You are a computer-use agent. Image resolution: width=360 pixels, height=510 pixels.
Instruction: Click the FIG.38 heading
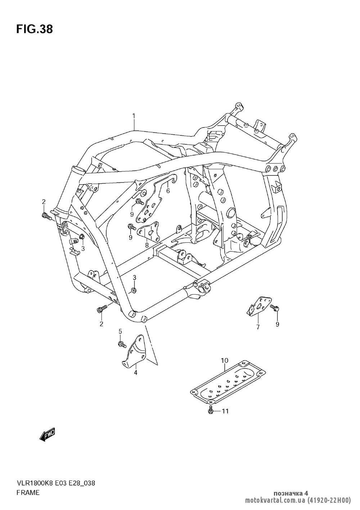tap(35, 30)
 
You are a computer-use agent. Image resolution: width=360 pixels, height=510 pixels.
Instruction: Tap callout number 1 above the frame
tap(134, 116)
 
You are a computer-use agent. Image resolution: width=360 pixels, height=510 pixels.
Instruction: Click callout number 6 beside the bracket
tap(168, 191)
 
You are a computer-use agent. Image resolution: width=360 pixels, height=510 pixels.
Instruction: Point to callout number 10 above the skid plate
tap(225, 360)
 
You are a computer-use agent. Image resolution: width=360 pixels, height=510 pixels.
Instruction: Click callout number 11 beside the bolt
tap(225, 411)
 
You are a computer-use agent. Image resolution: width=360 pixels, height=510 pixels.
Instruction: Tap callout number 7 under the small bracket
tap(258, 327)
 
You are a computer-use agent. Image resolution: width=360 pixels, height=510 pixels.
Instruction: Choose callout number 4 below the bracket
tap(136, 373)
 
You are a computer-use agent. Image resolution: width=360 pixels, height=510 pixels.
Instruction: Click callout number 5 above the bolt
tap(121, 331)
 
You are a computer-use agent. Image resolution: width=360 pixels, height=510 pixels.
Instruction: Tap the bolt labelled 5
tap(122, 344)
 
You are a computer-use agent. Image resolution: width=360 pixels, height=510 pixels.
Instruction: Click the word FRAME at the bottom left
tap(28, 493)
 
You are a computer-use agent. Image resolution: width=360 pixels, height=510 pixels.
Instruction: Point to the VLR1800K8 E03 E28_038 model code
tap(55, 483)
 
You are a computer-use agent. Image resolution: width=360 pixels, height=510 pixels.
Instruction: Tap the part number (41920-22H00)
tap(328, 500)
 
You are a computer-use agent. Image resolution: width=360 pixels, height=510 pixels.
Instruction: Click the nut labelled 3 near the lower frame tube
tap(133, 290)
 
